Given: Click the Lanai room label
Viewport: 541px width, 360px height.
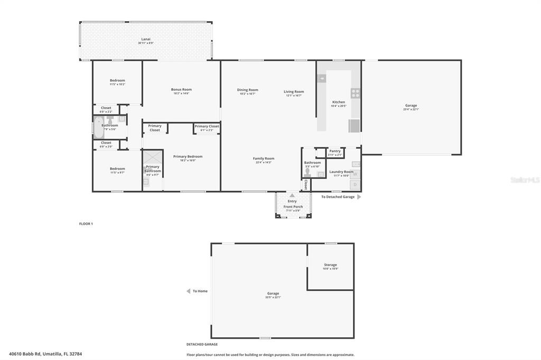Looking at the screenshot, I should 145,39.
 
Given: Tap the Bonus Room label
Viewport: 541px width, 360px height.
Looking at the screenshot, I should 181,90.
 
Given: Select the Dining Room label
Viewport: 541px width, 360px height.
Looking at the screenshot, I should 247,90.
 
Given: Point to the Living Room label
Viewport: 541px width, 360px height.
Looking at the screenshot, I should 294,92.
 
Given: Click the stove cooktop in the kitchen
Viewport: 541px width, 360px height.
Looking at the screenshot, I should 356,93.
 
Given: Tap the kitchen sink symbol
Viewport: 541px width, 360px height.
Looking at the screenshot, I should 322,79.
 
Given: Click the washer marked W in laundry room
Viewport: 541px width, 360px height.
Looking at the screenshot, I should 356,174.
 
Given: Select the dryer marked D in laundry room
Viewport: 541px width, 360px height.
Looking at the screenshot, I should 356,185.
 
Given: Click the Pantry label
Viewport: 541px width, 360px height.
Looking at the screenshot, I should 335,151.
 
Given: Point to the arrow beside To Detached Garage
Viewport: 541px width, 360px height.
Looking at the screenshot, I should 359,197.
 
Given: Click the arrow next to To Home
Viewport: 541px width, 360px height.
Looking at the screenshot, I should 188,291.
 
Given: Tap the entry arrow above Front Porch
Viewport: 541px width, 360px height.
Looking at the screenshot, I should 292,195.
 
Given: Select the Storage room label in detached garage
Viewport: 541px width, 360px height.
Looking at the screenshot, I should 330,265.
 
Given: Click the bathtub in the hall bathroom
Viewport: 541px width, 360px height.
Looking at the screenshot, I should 99,127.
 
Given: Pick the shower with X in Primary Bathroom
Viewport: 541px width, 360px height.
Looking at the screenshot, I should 153,157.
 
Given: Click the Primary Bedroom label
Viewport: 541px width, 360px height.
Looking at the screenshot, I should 188,156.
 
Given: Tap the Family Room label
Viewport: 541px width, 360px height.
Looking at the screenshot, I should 263,158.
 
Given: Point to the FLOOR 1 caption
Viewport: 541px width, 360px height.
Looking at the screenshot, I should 86,224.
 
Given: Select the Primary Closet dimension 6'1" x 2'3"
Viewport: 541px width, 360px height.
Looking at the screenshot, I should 206,130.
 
